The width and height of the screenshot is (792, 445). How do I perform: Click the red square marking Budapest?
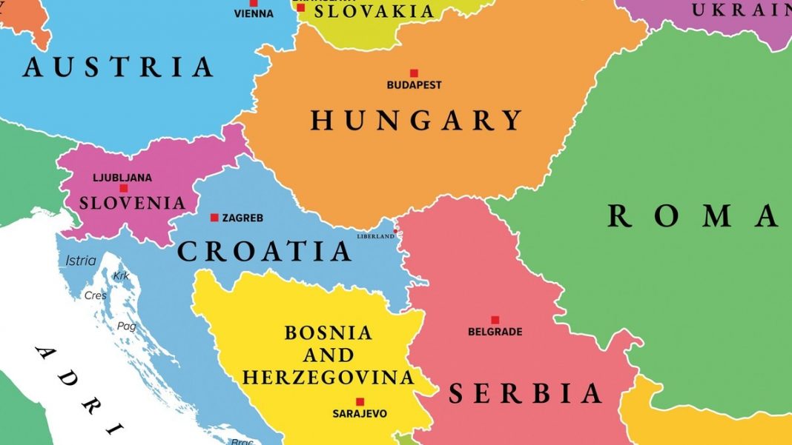414,73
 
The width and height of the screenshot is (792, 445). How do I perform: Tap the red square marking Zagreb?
214,218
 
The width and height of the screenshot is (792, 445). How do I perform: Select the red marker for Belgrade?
495,320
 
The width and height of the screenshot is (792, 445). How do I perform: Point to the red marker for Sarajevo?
360,401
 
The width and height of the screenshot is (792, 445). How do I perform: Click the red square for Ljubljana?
123,189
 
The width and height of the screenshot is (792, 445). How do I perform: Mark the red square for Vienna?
253,3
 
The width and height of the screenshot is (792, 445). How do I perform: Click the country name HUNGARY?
417,120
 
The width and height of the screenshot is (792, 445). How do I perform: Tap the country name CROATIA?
265,251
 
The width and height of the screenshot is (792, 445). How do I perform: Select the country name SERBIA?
526,393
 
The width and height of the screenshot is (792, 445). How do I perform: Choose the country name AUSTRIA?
118,67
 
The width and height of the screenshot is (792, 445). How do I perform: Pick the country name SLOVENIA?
132,202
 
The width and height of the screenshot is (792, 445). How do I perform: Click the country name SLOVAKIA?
374,11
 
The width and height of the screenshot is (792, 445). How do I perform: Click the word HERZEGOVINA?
328,377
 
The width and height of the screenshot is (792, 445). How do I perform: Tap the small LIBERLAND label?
376,236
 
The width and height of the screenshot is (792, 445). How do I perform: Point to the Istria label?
81,261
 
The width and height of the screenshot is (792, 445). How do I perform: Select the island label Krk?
121,276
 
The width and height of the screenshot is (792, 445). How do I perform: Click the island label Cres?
96,295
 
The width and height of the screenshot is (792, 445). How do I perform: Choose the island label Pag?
127,326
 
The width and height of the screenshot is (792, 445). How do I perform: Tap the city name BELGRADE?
495,332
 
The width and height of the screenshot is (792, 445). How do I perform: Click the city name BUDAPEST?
414,85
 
